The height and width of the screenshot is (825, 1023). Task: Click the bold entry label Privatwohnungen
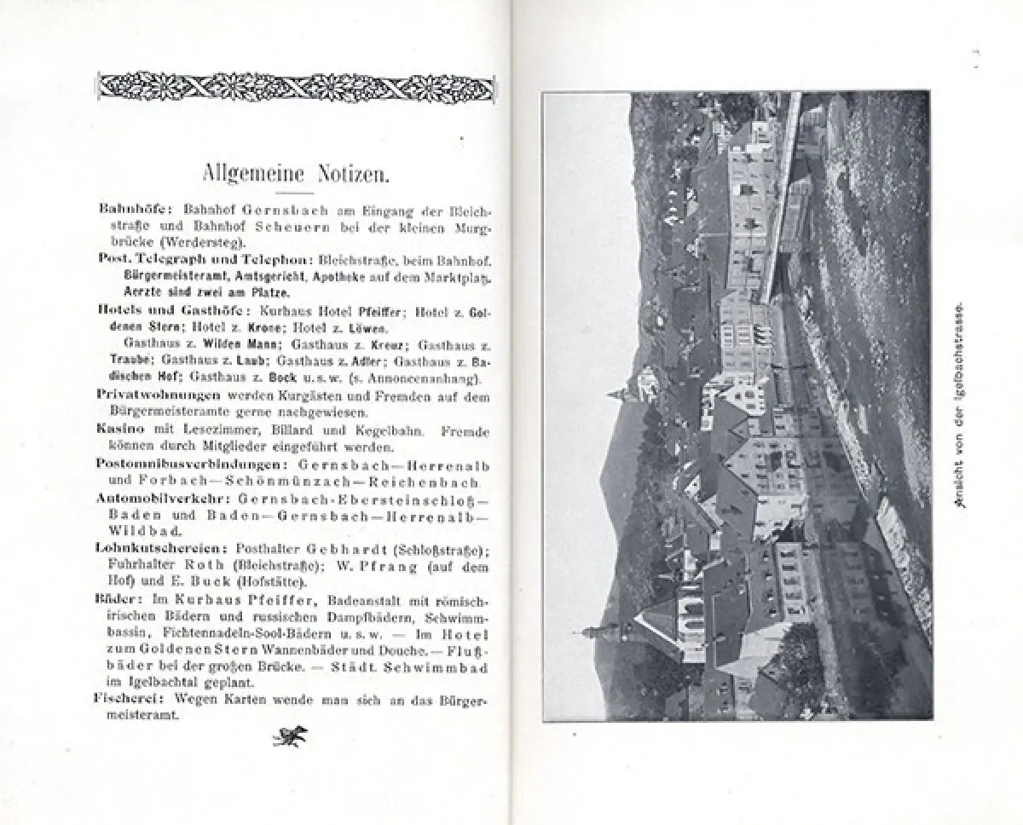159,395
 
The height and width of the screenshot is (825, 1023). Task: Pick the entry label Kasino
120,431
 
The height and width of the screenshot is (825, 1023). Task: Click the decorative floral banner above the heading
294,87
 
